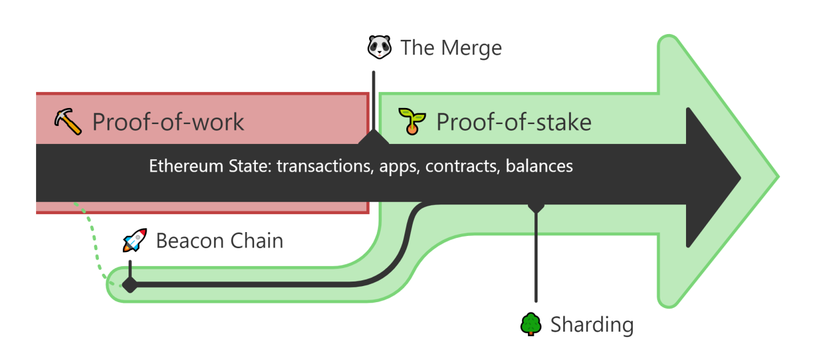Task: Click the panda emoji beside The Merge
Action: (379, 47)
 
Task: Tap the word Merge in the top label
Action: (471, 48)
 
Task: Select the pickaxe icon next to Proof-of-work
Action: (68, 122)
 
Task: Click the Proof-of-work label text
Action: (168, 122)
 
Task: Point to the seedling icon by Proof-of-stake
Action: (412, 122)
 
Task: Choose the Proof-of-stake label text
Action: (514, 122)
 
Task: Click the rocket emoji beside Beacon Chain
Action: (135, 240)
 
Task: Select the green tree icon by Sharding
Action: (531, 324)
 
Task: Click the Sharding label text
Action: (592, 325)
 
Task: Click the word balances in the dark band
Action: (539, 166)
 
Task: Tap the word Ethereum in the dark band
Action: (186, 166)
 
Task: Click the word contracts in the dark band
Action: (462, 166)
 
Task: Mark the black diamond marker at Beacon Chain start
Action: (130, 284)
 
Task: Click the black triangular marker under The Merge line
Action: (374, 137)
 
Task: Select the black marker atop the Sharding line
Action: (536, 207)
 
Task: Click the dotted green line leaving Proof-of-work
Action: (93, 244)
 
